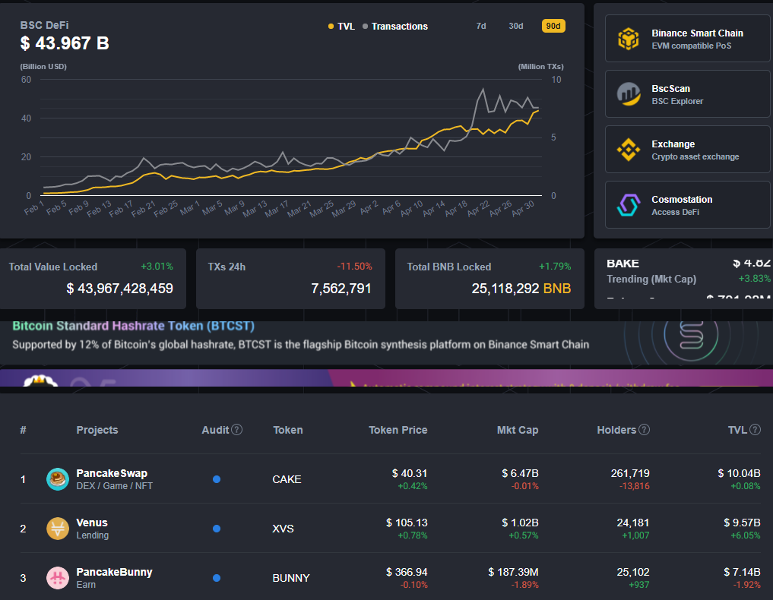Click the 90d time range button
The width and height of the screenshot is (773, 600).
point(553,26)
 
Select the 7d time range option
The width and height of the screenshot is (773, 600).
point(481,26)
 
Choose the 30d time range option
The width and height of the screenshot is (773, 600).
point(516,26)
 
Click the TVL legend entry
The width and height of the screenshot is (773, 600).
point(341,27)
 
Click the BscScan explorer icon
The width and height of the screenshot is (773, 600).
point(629,94)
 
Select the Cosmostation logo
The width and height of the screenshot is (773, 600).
point(629,205)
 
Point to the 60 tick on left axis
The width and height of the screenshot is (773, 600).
point(26,80)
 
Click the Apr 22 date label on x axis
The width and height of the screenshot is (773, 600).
point(477,210)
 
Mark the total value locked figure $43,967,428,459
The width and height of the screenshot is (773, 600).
point(119,289)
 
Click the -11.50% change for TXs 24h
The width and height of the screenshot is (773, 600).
point(354,267)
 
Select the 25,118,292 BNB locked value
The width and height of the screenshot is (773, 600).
point(521,289)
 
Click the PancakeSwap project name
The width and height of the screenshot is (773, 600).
point(112,473)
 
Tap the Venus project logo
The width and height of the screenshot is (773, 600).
point(58,529)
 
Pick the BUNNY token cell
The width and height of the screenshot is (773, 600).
point(291,578)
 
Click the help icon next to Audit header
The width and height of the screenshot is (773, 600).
point(237,430)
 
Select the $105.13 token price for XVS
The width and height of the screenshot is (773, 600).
point(407,523)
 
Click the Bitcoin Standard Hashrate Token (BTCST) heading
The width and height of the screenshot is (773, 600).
point(133,326)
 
